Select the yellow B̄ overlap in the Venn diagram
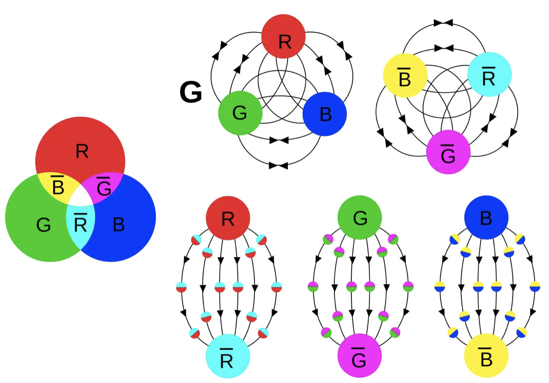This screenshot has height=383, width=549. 58,186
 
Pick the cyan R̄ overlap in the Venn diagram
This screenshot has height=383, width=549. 80,224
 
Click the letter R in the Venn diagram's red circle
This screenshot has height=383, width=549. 82,151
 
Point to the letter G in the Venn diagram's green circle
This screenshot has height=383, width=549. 43,225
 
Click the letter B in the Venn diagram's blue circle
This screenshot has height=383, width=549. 118,224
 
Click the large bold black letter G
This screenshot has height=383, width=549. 191,92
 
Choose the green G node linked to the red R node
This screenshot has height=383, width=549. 240,113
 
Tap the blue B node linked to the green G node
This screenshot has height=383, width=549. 325,114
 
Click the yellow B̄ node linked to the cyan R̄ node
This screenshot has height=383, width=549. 405,75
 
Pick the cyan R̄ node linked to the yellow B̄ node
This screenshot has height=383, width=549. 489,74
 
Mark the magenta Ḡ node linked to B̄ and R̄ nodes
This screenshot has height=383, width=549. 448,152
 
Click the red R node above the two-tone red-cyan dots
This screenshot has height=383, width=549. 228,218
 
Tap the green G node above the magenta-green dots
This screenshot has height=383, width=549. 360,217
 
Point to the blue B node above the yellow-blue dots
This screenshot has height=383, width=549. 486,217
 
